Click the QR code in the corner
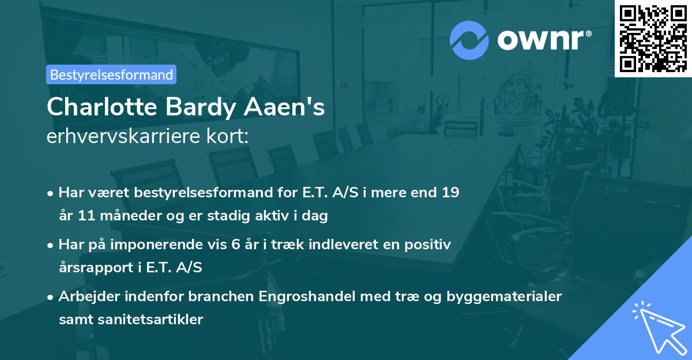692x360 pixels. [653, 38]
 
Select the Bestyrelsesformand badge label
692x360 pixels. [111, 74]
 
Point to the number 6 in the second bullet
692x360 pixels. [236, 244]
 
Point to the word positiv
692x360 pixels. [427, 244]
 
